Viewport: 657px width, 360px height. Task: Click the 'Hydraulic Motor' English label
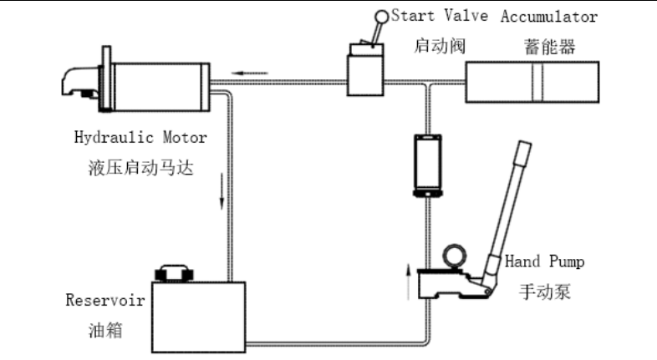140,138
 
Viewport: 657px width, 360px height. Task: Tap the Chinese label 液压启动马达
140,168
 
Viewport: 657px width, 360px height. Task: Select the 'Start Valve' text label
440,16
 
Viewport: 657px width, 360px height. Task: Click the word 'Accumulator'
549,17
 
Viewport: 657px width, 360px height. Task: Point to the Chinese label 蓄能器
549,47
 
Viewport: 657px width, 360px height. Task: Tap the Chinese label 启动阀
440,46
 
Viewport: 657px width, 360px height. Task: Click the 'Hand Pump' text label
544,261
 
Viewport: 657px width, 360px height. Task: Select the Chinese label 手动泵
545,292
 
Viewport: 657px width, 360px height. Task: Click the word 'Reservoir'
105,300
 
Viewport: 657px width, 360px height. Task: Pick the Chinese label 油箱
105,330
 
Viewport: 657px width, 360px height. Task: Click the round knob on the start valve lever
381,17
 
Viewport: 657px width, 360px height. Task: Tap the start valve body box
365,75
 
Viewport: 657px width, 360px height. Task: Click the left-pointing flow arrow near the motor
250,73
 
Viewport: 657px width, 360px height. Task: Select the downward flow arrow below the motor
222,191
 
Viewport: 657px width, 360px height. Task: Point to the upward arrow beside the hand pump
409,281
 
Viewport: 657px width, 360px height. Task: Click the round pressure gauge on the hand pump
454,256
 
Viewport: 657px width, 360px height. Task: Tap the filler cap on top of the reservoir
175,273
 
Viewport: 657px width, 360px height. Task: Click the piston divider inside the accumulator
537,82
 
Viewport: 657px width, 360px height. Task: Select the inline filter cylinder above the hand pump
427,165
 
